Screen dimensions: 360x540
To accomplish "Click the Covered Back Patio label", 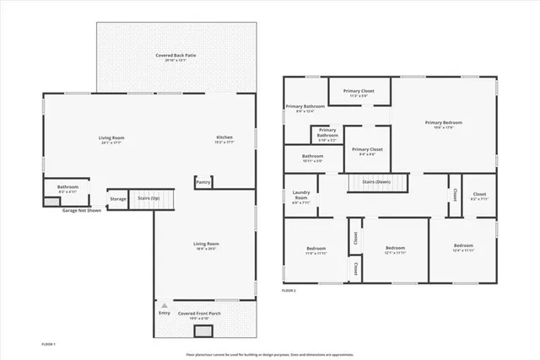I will [x=175, y=56].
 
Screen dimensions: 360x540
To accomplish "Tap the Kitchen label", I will [x=224, y=137].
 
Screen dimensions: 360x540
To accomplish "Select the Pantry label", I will [x=202, y=181].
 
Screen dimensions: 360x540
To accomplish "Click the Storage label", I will [x=118, y=199].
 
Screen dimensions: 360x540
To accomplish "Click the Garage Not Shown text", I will [x=82, y=211].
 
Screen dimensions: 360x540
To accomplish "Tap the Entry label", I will [x=164, y=314].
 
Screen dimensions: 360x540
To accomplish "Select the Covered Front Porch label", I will [x=199, y=314].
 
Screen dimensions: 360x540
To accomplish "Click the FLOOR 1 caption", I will [x=49, y=344].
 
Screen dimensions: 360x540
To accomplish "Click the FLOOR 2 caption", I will [x=289, y=291].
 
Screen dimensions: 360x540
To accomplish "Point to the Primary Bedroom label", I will [x=443, y=123].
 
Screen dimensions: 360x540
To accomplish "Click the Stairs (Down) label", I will [x=376, y=181].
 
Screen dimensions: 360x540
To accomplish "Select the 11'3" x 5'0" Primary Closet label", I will [x=358, y=91].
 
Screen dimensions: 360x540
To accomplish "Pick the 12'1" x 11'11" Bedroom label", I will [x=390, y=249].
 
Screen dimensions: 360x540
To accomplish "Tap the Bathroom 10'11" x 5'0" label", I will [x=313, y=157].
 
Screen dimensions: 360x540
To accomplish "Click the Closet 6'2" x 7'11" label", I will [x=479, y=196].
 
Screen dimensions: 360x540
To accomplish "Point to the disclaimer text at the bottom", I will [x=269, y=353].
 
